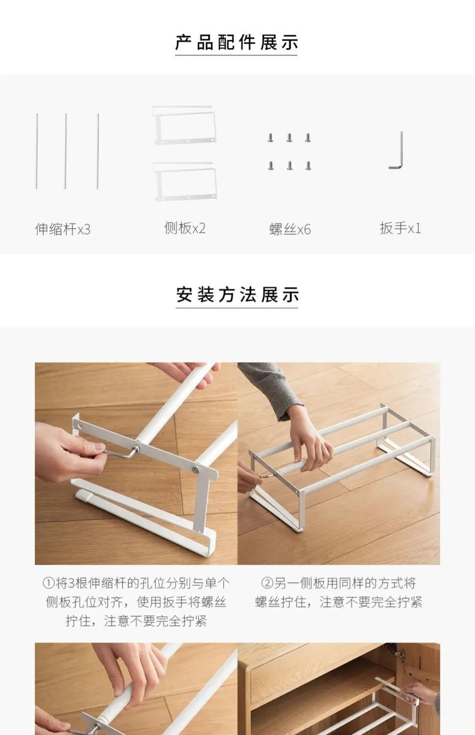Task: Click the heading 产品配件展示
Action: point(237,43)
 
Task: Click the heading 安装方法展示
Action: point(237,295)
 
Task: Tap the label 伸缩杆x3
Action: point(62,229)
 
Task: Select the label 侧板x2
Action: point(185,228)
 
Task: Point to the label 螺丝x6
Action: point(290,229)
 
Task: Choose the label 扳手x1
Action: point(400,228)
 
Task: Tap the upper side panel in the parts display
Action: point(184,125)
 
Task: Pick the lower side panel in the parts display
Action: point(185,181)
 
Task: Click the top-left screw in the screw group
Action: point(270,138)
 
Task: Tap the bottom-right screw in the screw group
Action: point(308,166)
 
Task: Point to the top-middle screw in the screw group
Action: point(290,138)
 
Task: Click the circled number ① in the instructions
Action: point(48,583)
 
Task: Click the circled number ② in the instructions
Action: point(266,583)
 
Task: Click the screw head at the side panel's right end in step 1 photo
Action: point(196,470)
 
